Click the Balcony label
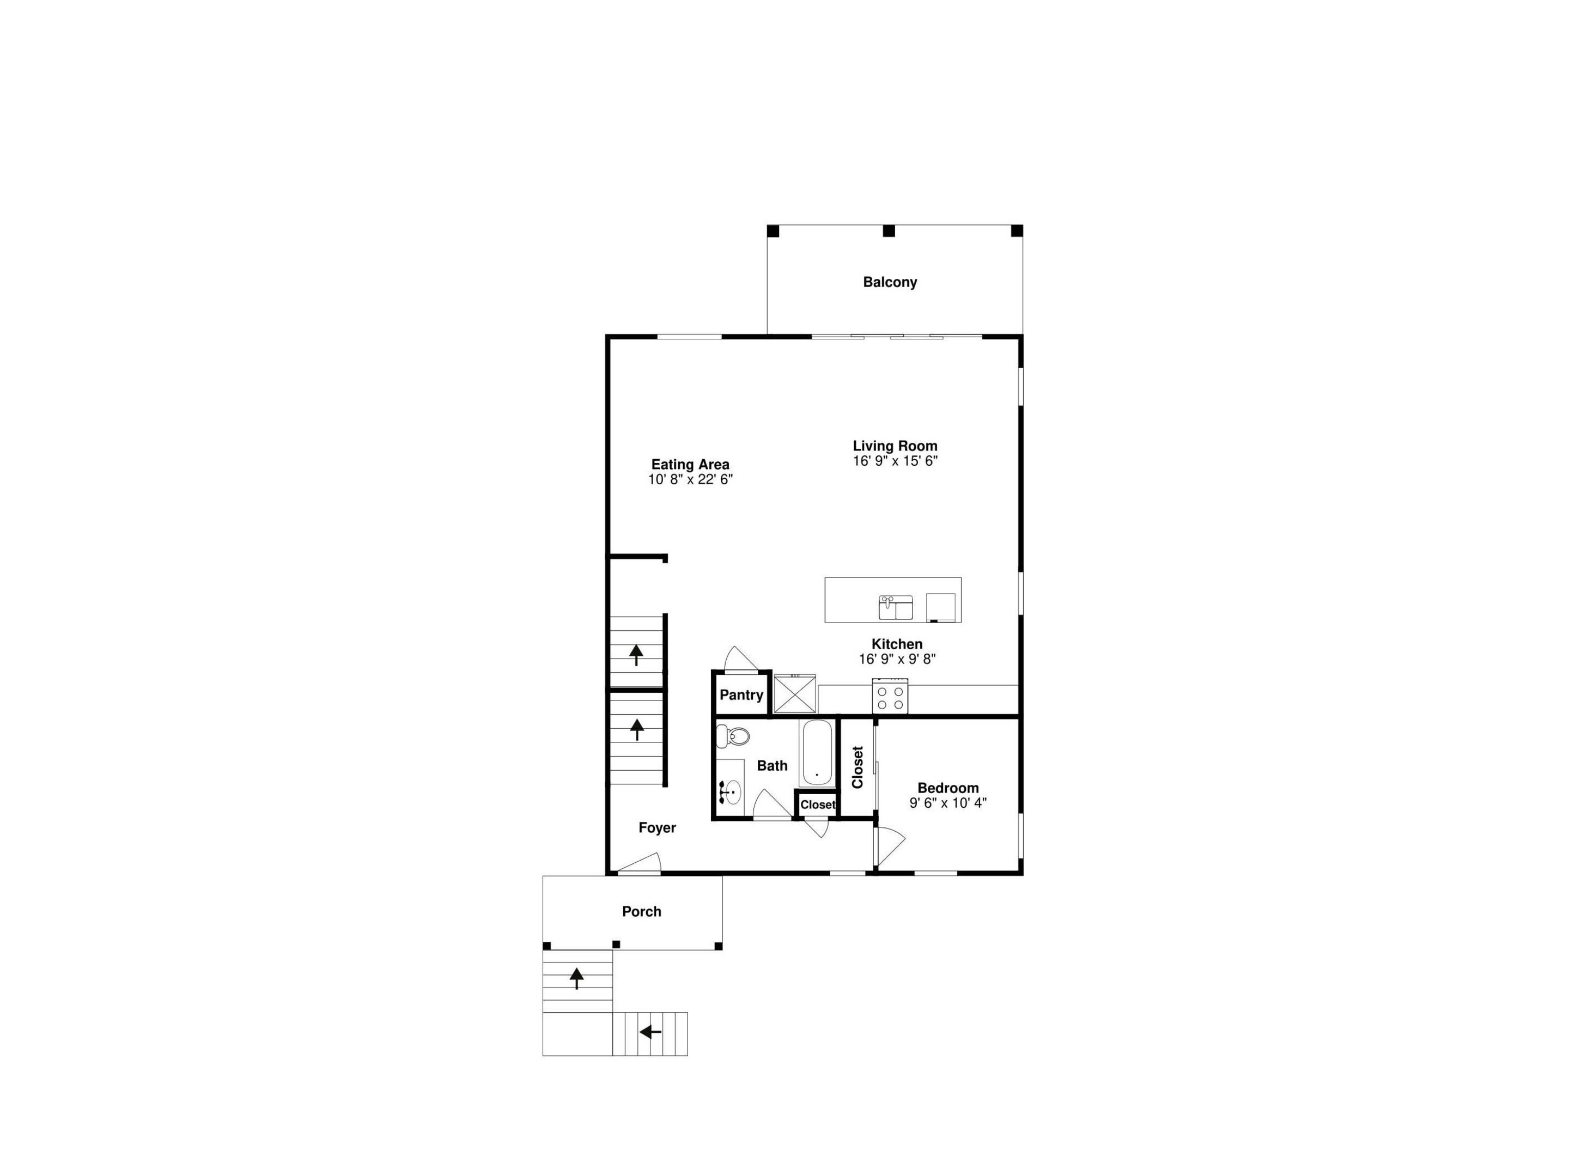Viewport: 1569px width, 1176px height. point(890,282)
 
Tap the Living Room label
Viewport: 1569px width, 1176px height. point(895,446)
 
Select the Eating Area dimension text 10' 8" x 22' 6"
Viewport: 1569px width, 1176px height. point(690,479)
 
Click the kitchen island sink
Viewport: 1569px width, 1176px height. point(896,608)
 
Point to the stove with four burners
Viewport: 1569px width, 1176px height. point(890,696)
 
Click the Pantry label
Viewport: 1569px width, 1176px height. point(741,695)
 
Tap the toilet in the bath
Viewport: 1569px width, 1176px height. point(733,737)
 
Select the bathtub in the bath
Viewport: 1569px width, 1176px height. point(817,753)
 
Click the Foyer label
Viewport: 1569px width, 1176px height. point(657,828)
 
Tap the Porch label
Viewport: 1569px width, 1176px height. point(641,911)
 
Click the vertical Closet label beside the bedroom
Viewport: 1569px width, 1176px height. point(858,767)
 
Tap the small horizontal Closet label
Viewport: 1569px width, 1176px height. point(818,805)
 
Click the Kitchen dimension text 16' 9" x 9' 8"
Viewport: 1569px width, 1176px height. point(897,659)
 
